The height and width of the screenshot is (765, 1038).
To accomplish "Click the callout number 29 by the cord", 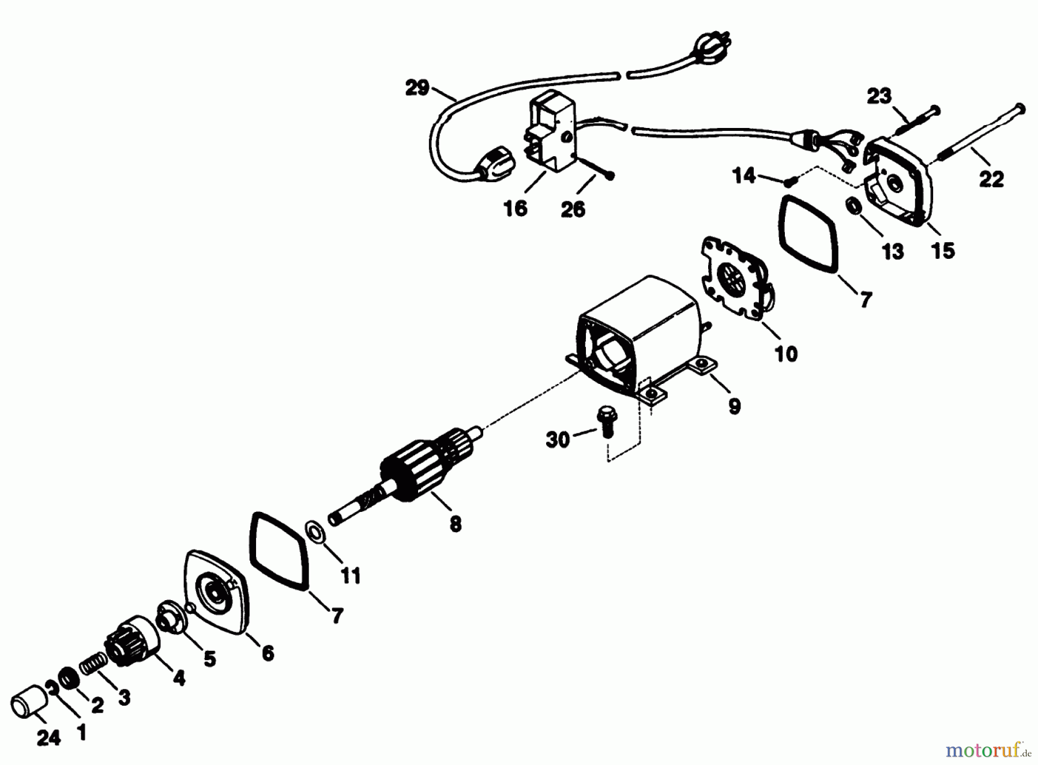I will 417,88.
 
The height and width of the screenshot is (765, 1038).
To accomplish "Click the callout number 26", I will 573,209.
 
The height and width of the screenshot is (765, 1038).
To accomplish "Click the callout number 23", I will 879,96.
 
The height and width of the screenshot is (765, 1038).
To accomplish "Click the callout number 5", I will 209,658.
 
